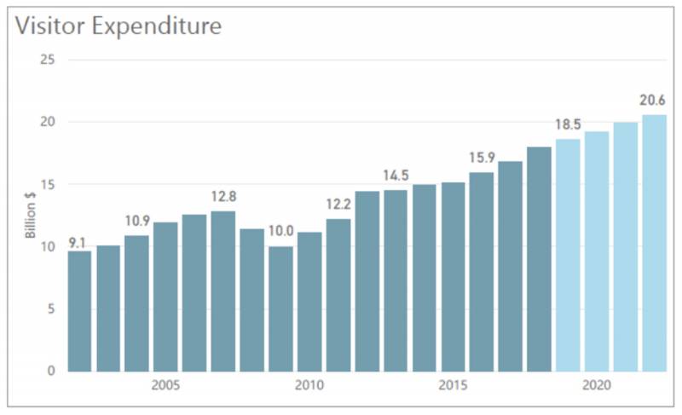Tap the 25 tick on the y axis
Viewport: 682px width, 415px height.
pyautogui.click(x=48, y=60)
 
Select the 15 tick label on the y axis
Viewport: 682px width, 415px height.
pyautogui.click(x=48, y=184)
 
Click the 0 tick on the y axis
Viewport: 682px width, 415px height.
pyautogui.click(x=51, y=371)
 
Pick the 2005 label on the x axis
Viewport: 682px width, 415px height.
pyautogui.click(x=165, y=386)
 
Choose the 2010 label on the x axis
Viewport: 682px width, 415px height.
pyautogui.click(x=309, y=386)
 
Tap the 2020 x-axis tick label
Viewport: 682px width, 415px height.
pyautogui.click(x=596, y=386)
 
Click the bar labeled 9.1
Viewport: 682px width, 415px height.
pyautogui.click(x=79, y=311)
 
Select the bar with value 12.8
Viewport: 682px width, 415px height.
pyautogui.click(x=223, y=291)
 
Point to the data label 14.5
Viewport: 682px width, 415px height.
pyautogui.click(x=396, y=176)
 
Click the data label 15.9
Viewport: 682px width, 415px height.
pyautogui.click(x=482, y=158)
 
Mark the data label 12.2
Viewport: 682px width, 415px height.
pyautogui.click(x=338, y=204)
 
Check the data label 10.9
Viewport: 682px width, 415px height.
pyautogui.click(x=136, y=221)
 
